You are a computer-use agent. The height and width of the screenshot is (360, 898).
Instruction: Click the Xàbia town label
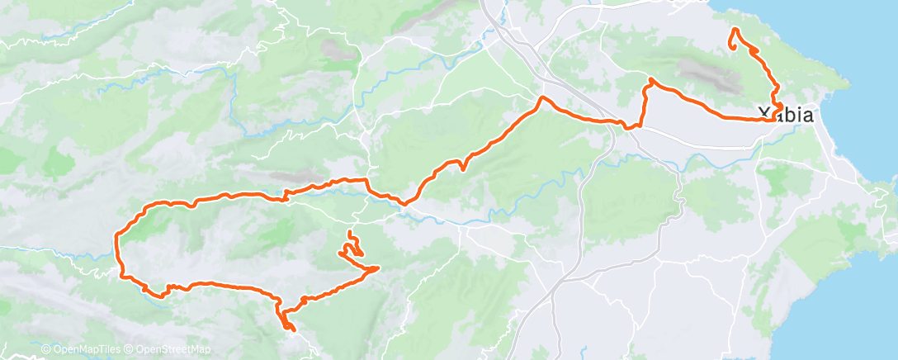[785, 115]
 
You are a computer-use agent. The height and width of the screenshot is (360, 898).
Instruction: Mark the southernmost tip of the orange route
[291, 330]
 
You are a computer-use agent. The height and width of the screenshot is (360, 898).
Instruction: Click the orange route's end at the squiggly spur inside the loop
[349, 234]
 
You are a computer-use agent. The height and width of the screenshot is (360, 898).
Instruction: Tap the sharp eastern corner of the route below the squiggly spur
[378, 268]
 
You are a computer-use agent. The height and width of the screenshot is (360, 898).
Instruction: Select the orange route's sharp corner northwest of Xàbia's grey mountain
[651, 79]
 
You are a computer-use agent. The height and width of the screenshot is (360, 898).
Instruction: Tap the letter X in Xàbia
[763, 115]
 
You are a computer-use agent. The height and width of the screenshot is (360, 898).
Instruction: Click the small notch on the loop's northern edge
[285, 197]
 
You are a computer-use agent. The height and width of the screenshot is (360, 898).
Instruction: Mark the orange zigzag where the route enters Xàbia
[776, 109]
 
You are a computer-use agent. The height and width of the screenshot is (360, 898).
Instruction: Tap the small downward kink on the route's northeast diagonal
[463, 166]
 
